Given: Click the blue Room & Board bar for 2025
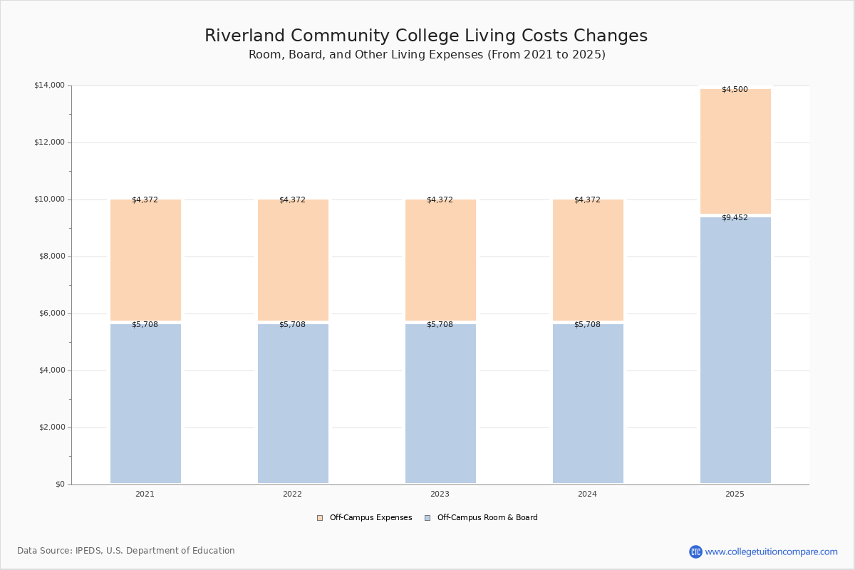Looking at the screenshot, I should pyautogui.click(x=735, y=350).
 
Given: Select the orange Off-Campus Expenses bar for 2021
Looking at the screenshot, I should pyautogui.click(x=145, y=260).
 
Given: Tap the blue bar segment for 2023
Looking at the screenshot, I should pyautogui.click(x=440, y=403).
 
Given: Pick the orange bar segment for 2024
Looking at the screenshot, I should pyautogui.click(x=588, y=260).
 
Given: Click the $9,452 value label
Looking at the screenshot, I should pyautogui.click(x=735, y=217).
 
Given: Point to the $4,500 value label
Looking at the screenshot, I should pyautogui.click(x=735, y=89).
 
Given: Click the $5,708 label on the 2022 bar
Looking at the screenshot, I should pyautogui.click(x=292, y=324).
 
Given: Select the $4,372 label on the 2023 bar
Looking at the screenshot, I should pyautogui.click(x=440, y=199).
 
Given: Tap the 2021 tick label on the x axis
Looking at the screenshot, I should pyautogui.click(x=145, y=494).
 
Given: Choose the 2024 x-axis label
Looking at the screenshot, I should pyautogui.click(x=587, y=494).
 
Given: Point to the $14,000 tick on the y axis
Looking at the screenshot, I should pyautogui.click(x=49, y=85).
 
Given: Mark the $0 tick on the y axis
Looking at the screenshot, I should pyautogui.click(x=60, y=484).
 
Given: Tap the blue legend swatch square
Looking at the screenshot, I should pyautogui.click(x=427, y=518).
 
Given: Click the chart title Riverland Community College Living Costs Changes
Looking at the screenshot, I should pyautogui.click(x=426, y=36).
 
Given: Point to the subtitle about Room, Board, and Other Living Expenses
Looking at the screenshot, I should pyautogui.click(x=427, y=55).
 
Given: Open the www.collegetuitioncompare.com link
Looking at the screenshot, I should pyautogui.click(x=771, y=551).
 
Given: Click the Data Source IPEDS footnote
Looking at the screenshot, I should pyautogui.click(x=126, y=551).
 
